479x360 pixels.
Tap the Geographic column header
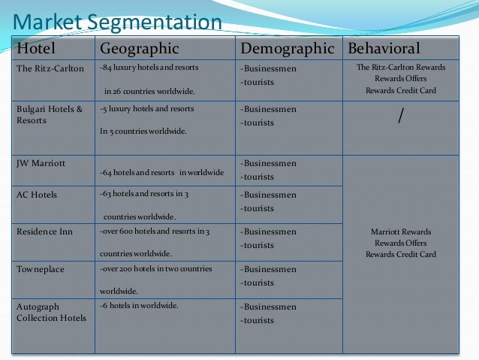click(x=140, y=49)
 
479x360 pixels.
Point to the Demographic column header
click(x=287, y=49)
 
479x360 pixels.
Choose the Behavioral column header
click(x=383, y=49)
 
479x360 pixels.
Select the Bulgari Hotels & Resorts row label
click(x=50, y=114)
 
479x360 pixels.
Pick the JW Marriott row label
click(x=41, y=162)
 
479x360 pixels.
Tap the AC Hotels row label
click(x=37, y=195)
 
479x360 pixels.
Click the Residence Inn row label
click(x=44, y=231)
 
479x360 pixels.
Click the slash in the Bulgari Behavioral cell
click(x=400, y=116)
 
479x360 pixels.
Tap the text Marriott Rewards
click(x=400, y=231)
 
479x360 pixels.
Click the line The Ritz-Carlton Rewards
click(x=400, y=68)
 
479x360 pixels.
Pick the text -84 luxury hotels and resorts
click(x=149, y=68)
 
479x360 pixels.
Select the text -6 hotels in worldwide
click(x=138, y=306)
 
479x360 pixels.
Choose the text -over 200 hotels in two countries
click(x=155, y=268)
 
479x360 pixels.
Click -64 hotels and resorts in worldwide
click(x=161, y=173)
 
